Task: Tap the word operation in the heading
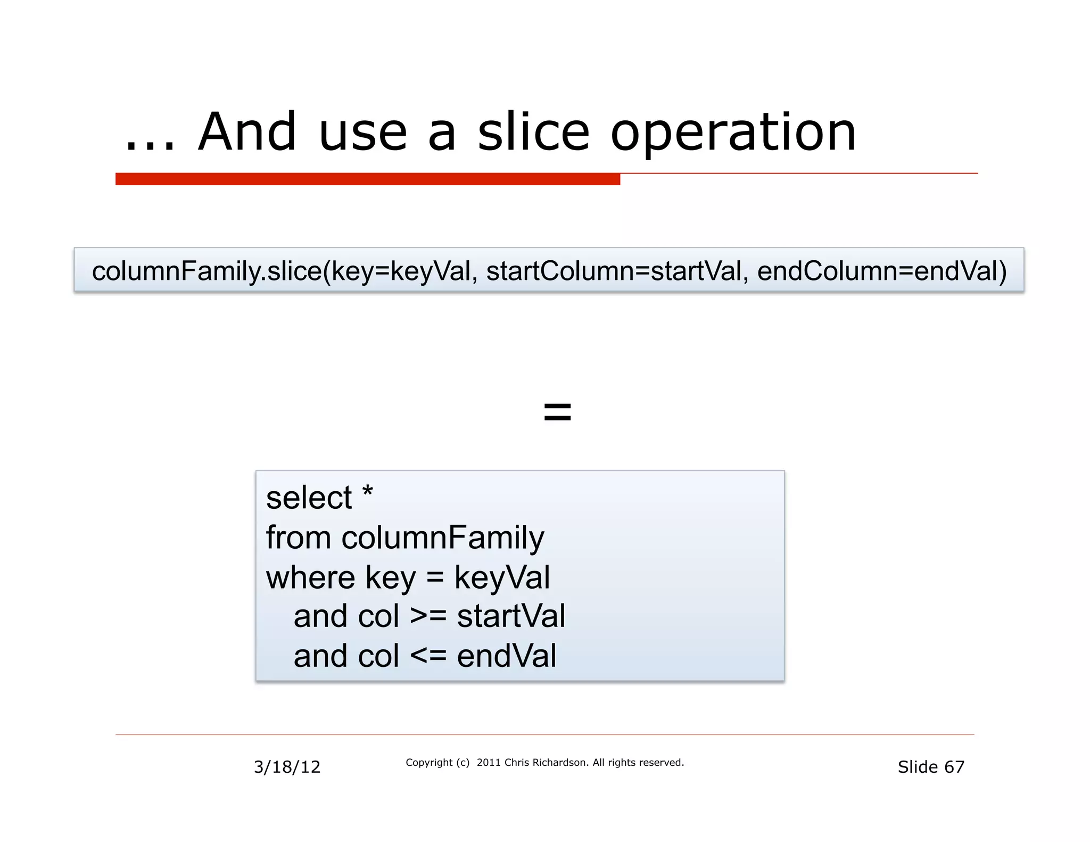click(x=733, y=133)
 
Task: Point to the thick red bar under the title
click(x=367, y=179)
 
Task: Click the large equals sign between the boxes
click(x=557, y=412)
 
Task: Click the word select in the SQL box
click(x=309, y=498)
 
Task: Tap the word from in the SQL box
click(x=298, y=538)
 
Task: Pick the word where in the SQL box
click(x=310, y=577)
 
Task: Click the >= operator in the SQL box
click(x=428, y=616)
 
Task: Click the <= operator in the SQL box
click(x=428, y=656)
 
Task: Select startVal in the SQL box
click(x=511, y=616)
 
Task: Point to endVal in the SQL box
click(x=506, y=656)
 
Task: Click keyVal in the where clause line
click(x=502, y=579)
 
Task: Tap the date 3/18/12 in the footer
click(x=287, y=767)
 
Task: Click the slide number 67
click(x=954, y=767)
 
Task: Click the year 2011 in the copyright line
click(x=489, y=763)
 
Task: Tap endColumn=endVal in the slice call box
click(x=881, y=271)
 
